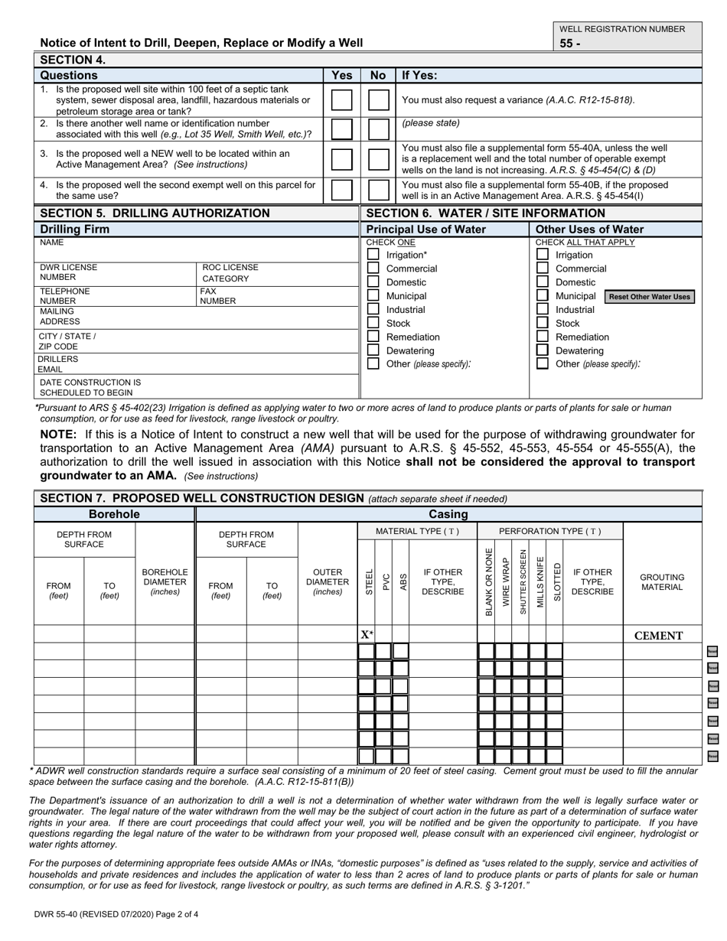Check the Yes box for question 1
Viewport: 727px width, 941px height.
pos(341,100)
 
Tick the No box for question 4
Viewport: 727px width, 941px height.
pos(379,190)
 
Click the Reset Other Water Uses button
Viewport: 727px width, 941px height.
pos(650,297)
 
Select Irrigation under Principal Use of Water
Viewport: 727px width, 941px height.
pos(373,255)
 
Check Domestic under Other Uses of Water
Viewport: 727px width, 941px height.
pos(542,282)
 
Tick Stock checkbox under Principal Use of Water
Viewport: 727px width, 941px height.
pos(373,323)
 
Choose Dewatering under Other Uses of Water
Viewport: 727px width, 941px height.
pos(542,350)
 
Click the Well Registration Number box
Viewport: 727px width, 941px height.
pos(627,44)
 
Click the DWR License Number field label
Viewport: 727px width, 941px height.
pos(69,272)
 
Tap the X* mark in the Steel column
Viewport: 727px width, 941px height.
pos(367,635)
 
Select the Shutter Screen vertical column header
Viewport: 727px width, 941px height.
pos(522,582)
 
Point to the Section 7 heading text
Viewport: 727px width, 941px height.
pos(201,498)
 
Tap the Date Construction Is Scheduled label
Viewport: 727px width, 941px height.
pos(90,386)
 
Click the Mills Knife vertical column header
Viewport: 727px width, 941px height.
pos(540,582)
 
